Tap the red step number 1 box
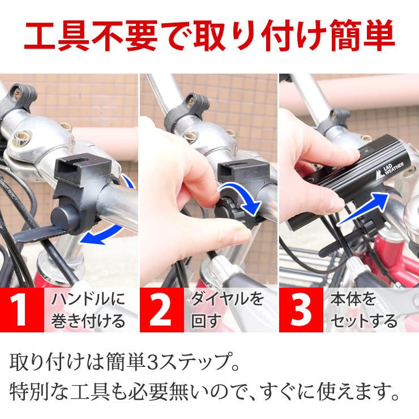(x=22, y=311)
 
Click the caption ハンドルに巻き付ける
(x=88, y=311)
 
